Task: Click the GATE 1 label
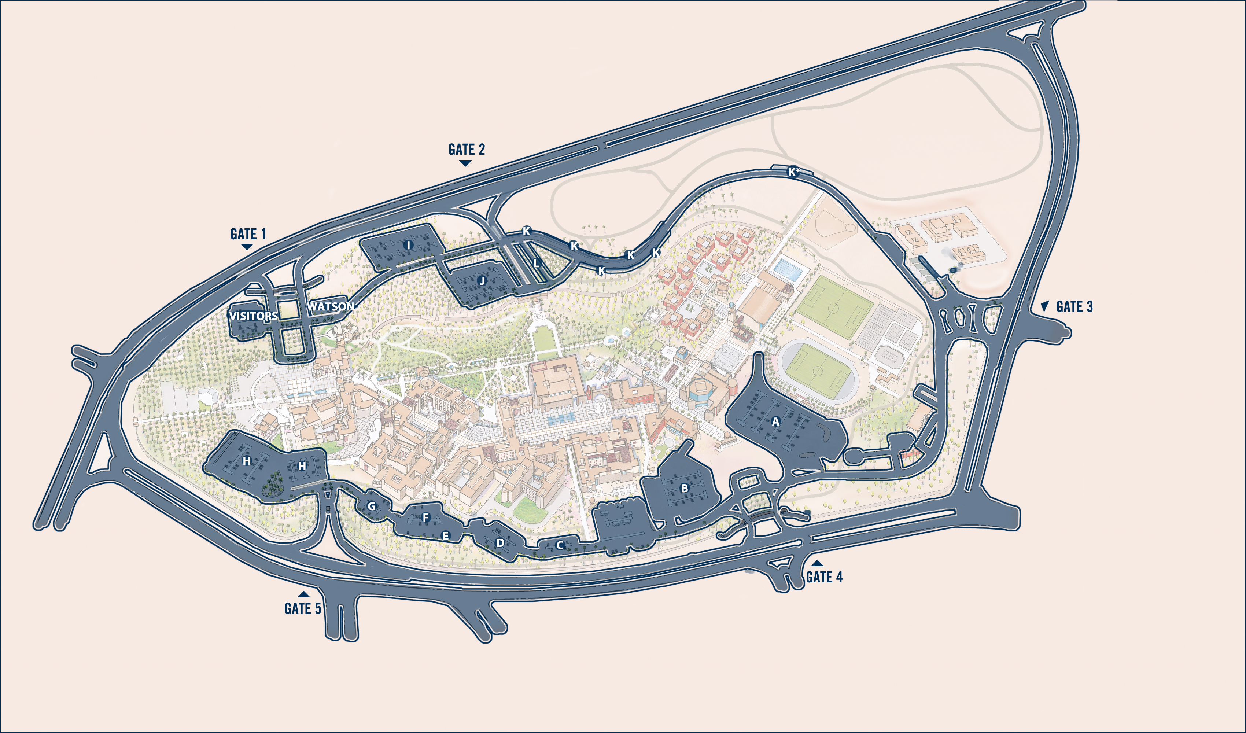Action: tap(248, 233)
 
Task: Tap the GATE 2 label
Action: tap(466, 149)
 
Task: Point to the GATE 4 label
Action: tap(824, 577)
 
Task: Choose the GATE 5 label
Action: tap(303, 608)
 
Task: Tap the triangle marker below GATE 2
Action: tap(465, 163)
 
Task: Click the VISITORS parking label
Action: tap(253, 316)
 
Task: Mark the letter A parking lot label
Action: tap(775, 421)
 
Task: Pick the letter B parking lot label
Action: tap(684, 488)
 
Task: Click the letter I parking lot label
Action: tap(408, 245)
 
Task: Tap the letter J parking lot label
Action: tap(483, 280)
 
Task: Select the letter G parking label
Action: tap(371, 506)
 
